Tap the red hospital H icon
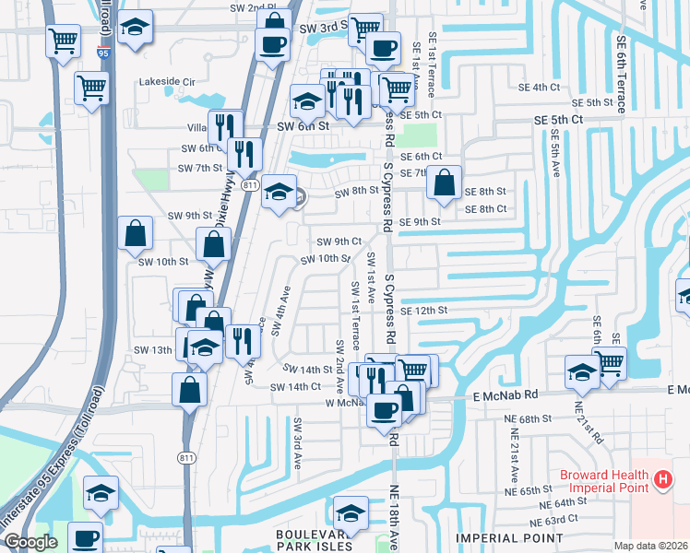coord(662,478)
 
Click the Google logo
coord(30,542)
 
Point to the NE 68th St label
coord(529,418)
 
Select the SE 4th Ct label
coord(540,87)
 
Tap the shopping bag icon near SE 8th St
coord(445,182)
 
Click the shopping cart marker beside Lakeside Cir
coord(92,88)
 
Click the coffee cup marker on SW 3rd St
coord(272,43)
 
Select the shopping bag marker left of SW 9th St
coord(136,234)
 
